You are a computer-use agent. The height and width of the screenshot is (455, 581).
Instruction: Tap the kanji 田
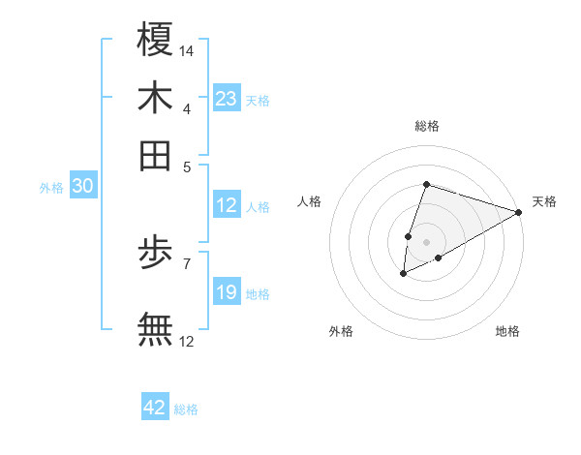click(155, 155)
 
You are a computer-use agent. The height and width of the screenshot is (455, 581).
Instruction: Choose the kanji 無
click(155, 328)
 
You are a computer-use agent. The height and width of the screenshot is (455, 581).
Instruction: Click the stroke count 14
click(188, 50)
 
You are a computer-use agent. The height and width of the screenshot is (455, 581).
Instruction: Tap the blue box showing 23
click(227, 99)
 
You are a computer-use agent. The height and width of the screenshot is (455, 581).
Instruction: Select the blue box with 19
click(227, 292)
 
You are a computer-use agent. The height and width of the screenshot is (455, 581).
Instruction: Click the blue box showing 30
click(82, 187)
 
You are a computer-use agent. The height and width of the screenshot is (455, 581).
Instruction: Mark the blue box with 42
click(155, 408)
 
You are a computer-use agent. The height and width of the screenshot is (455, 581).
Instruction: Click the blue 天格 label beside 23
click(258, 101)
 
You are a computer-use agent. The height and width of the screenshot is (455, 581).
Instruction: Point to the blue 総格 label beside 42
click(186, 409)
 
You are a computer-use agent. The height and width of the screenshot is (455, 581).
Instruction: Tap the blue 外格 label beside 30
click(50, 189)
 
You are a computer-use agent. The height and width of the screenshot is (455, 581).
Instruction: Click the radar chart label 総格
click(427, 126)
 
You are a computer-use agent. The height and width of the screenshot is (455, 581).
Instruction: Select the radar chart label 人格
click(310, 201)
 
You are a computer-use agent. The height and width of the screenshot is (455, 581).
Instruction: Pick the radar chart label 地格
click(507, 332)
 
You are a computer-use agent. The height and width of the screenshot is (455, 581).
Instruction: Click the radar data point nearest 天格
click(518, 212)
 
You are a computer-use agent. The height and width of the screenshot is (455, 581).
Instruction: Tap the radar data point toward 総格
click(426, 185)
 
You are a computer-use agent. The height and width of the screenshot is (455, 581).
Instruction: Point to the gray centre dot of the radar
click(426, 242)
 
